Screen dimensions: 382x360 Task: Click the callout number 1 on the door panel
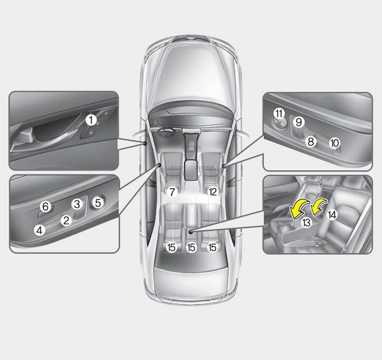point(91,120)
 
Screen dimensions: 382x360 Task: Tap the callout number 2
point(66,220)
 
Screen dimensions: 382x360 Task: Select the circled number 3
point(77,204)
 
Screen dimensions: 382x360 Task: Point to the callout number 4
point(40,230)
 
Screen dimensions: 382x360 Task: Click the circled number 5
point(98,203)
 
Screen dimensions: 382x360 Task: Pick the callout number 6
point(46,207)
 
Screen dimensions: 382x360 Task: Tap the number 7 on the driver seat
point(172,192)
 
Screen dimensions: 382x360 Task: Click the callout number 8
point(311,142)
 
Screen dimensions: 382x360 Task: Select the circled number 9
point(299,122)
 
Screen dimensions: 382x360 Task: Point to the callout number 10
point(335,143)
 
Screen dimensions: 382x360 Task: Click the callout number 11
point(279,113)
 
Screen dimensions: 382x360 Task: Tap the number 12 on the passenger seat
point(212,192)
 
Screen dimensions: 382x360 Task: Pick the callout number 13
point(306,223)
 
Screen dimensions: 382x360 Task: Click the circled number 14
point(333,215)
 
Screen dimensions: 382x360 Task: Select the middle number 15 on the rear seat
point(191,248)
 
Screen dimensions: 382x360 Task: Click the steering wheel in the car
point(166,132)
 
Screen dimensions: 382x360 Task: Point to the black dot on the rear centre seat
point(191,232)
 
